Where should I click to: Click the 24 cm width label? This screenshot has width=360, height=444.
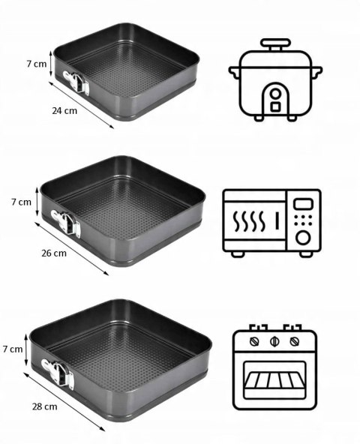[64, 110]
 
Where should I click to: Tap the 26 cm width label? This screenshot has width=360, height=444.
[54, 253]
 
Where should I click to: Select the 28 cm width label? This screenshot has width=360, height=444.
[44, 406]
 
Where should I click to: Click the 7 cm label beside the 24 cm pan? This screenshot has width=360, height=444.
[37, 64]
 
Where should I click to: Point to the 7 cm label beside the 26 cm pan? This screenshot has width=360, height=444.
[21, 202]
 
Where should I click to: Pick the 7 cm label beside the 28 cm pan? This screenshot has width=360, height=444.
[13, 349]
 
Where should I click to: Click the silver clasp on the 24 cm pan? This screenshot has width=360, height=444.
[76, 82]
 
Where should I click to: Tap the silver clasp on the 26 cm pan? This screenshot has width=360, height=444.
[66, 223]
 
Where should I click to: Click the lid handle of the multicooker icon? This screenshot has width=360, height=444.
[275, 44]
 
